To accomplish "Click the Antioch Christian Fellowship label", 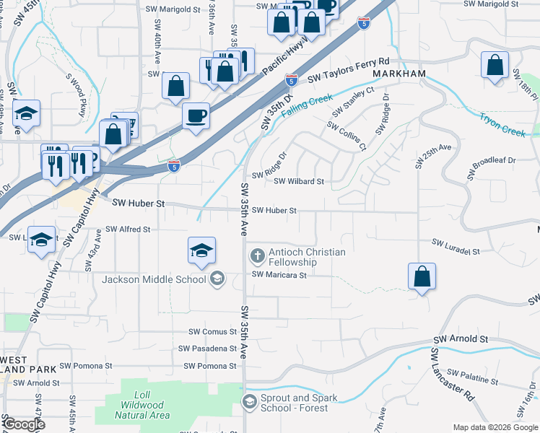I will pos(307,257).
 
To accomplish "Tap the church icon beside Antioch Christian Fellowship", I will pos(257,255).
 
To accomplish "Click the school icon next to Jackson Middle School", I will pos(217,279).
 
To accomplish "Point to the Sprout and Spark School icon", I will pos(250,402).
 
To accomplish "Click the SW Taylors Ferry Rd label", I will pos(349,71).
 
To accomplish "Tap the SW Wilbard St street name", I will pos(300,182).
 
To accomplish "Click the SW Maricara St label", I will pos(279,275).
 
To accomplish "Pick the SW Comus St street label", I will pos(212,332).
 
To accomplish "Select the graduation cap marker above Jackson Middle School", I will pos(201,250).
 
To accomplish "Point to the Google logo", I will pos(24,424).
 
